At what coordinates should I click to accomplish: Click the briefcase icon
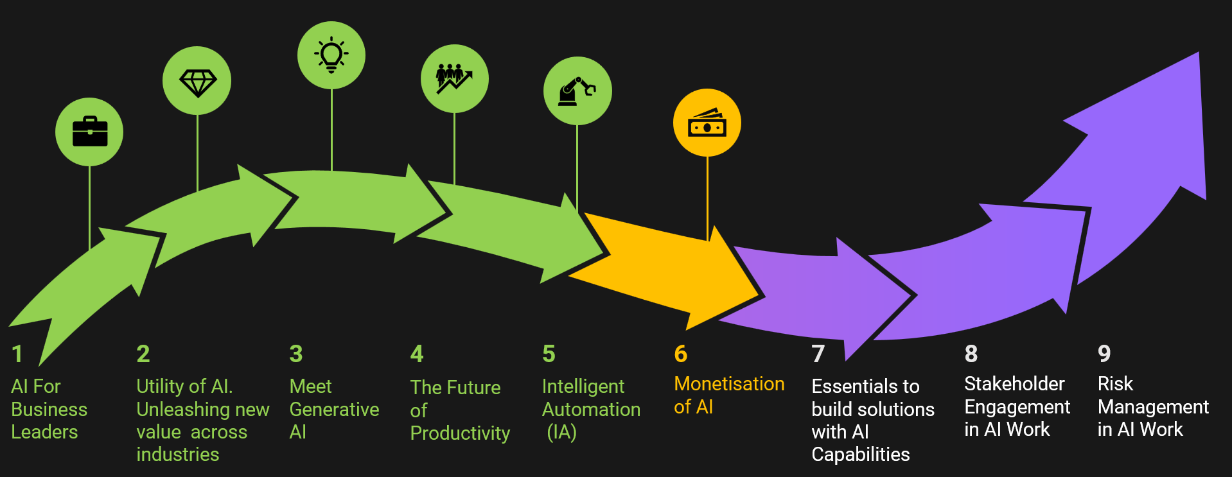90,132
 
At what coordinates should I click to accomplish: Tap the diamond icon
198,82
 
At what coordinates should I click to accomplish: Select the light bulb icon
331,55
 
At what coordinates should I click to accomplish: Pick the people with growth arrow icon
454,78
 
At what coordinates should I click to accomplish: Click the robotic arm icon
577,91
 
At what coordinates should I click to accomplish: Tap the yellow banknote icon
707,123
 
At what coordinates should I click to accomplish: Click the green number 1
17,354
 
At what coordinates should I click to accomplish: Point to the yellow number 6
681,354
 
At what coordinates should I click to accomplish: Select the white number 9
1104,354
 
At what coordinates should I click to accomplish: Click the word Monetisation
729,384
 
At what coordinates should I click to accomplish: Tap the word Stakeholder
1014,384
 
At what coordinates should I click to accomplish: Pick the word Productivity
460,434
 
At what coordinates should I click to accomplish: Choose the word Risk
1115,384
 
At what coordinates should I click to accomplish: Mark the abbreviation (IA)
562,432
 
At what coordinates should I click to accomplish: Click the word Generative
334,410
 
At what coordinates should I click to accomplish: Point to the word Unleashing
184,410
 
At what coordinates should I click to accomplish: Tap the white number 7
818,354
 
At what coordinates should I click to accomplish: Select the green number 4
417,354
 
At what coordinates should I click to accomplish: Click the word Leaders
44,432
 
